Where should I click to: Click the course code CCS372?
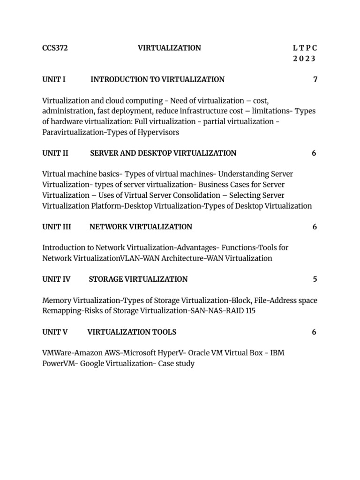[55, 48]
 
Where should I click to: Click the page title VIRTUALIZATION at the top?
[169, 48]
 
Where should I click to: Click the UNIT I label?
[54, 80]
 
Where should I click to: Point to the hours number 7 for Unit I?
[315, 80]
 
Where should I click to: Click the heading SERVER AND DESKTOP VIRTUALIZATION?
[163, 153]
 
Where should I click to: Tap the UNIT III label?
[57, 227]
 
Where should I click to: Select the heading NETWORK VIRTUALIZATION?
[141, 227]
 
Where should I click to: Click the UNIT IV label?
[56, 279]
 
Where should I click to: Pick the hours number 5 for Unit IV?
[315, 279]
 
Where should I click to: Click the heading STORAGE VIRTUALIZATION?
[138, 279]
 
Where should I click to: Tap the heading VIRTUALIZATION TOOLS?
[132, 332]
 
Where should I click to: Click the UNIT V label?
[55, 332]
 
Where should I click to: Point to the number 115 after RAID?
[250, 311]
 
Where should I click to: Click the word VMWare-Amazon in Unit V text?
[71, 352]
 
